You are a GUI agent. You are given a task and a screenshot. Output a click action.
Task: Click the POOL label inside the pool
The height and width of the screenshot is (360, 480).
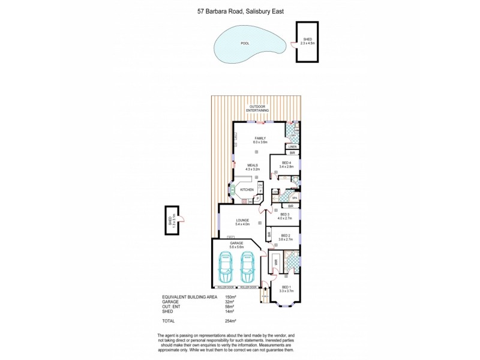pos(245,43)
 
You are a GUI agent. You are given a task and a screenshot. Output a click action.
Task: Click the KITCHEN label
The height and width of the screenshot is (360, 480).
pos(247,190)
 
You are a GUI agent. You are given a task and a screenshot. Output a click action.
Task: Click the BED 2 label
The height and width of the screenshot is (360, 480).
pos(286,236)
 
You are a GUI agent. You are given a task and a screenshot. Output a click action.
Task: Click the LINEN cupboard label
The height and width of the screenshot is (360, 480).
pos(292,146)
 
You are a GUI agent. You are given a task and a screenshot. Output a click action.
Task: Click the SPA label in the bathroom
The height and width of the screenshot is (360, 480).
pos(294,197)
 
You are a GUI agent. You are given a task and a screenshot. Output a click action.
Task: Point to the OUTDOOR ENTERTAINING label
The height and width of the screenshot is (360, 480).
pos(258,109)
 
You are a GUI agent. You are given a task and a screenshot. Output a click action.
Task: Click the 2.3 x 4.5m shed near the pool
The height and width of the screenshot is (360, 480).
pos(307,41)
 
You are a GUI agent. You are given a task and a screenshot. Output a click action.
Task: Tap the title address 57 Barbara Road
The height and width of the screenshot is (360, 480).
pos(240,10)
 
